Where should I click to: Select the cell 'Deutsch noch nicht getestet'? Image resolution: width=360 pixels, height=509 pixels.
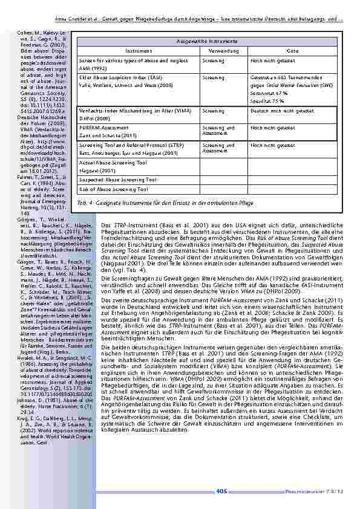click(282, 111)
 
